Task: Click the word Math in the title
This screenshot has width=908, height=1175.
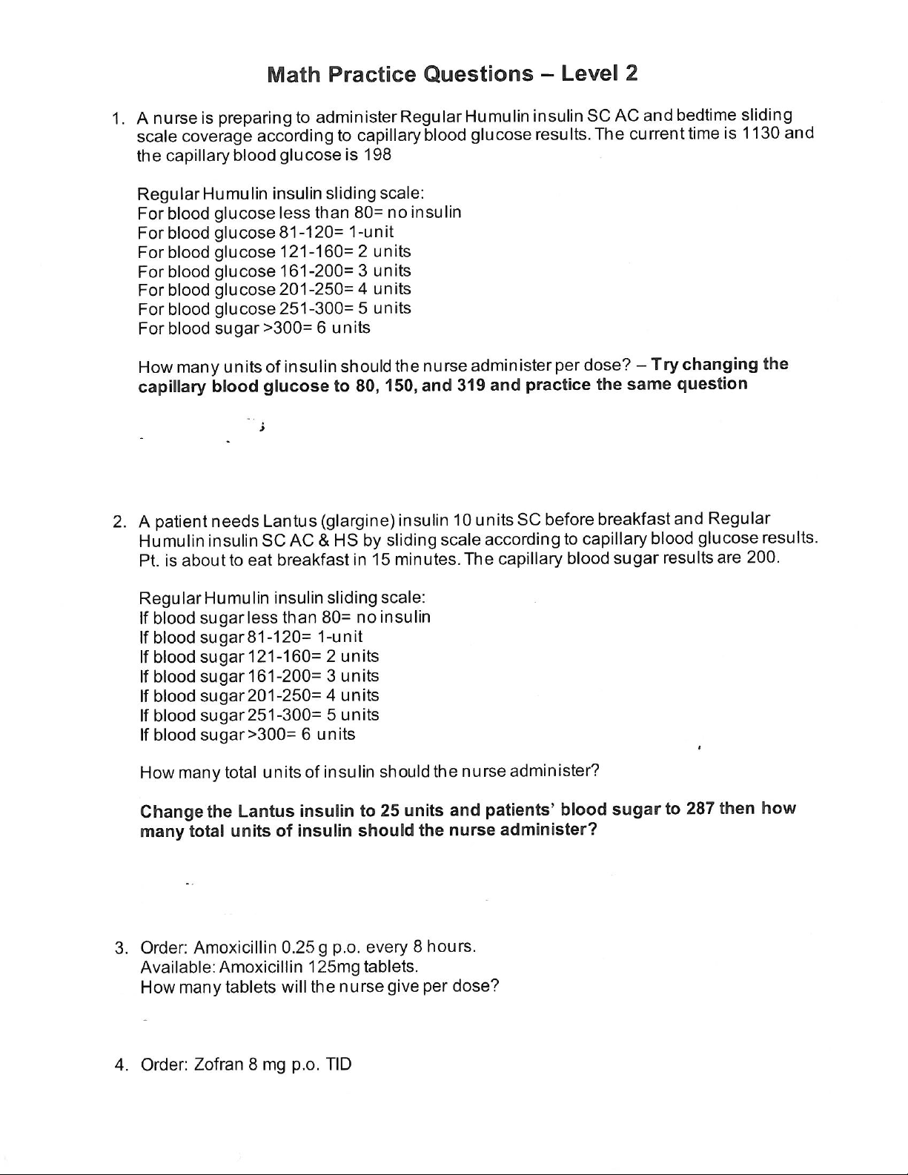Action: tap(294, 74)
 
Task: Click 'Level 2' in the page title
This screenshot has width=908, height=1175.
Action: tap(599, 73)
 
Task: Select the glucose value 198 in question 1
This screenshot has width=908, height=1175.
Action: tap(377, 155)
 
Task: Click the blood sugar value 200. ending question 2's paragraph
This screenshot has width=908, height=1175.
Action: tap(763, 557)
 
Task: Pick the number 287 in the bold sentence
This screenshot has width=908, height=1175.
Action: tap(700, 809)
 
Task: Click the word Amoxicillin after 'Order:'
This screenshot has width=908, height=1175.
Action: tap(236, 947)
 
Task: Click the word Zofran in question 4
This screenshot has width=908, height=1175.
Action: tap(219, 1065)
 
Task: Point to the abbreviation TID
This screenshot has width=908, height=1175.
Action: tap(339, 1065)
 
